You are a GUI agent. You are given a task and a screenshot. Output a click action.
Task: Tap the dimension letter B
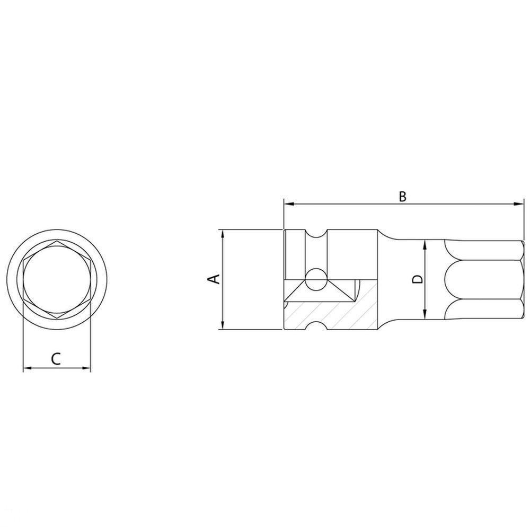402,196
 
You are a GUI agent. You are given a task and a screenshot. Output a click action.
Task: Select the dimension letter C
56,359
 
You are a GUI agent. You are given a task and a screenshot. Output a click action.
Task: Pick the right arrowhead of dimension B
520,204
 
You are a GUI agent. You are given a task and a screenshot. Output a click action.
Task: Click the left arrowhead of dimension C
26,368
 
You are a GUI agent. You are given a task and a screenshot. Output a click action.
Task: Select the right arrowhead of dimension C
87,368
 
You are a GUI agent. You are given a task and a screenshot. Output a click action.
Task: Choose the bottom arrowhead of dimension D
425,316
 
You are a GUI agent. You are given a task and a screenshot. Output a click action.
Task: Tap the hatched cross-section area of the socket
329,313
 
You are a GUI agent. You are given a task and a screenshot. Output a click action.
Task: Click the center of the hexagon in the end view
57,279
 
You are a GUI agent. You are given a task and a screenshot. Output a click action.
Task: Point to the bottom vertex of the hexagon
57,317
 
